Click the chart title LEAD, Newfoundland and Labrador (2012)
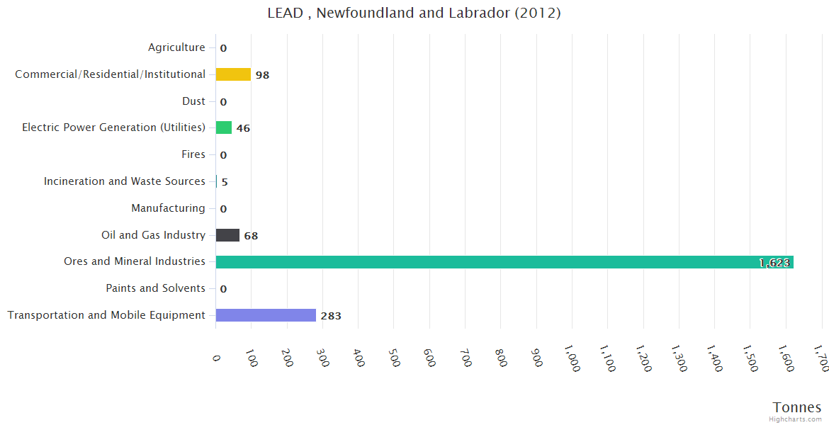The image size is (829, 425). click(x=414, y=13)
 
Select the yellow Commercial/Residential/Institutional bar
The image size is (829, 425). click(x=233, y=74)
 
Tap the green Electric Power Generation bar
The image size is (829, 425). click(x=224, y=127)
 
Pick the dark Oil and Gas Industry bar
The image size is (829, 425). click(x=227, y=235)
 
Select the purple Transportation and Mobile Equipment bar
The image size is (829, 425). click(x=266, y=315)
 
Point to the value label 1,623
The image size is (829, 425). click(x=774, y=263)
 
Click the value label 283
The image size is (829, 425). click(x=331, y=316)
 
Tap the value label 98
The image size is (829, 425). click(x=262, y=75)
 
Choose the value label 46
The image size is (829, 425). click(x=243, y=128)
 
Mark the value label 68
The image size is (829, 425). click(x=251, y=236)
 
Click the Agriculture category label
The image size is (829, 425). click(x=176, y=47)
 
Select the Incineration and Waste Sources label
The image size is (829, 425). click(x=125, y=181)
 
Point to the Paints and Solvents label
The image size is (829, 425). click(x=156, y=288)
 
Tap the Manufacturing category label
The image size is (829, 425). click(x=168, y=208)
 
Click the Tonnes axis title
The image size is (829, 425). click(x=797, y=407)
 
